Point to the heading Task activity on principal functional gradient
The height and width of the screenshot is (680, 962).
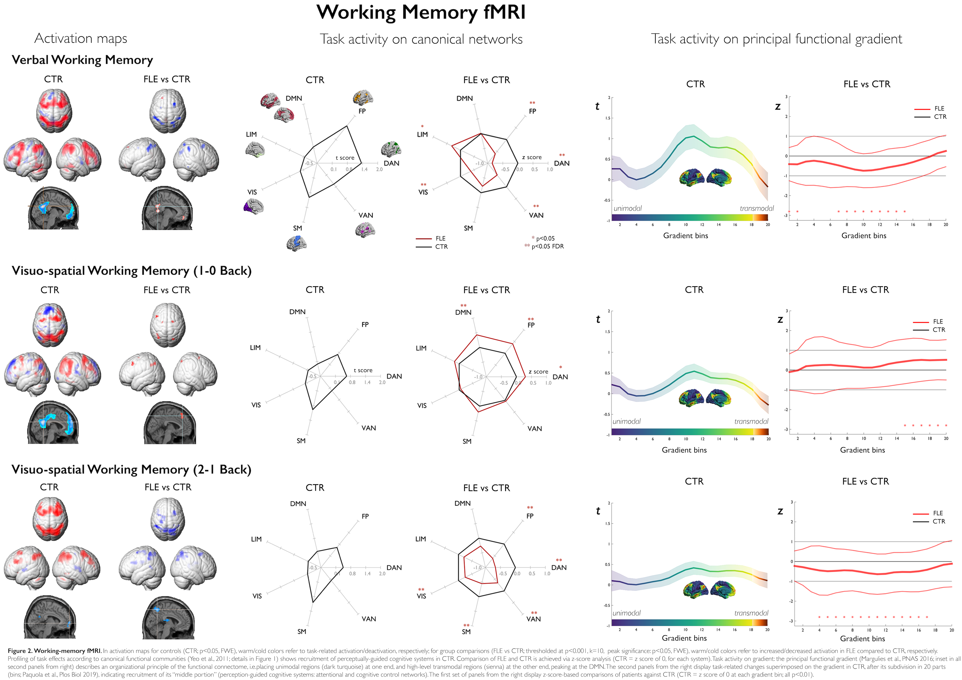click(x=776, y=39)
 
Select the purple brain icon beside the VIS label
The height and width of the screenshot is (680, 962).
click(x=253, y=206)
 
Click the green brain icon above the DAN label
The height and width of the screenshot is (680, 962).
click(x=391, y=149)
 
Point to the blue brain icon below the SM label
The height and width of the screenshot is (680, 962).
click(x=297, y=243)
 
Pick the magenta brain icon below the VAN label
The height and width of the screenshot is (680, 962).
click(x=365, y=229)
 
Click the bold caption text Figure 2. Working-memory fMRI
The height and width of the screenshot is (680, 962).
click(x=55, y=651)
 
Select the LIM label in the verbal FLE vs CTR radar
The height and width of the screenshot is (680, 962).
click(x=422, y=134)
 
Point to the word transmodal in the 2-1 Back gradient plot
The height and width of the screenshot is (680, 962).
click(x=751, y=613)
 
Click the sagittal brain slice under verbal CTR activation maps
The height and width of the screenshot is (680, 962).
click(x=53, y=208)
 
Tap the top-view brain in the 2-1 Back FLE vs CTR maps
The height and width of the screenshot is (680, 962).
click(x=168, y=518)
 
